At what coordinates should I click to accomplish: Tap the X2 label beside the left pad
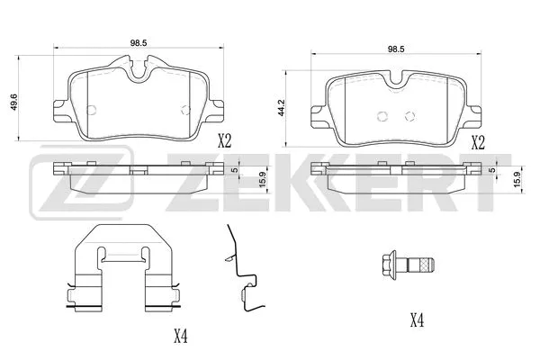tap(224, 139)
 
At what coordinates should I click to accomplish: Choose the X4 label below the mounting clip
tap(181, 337)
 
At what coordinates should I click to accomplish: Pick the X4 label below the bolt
tap(417, 319)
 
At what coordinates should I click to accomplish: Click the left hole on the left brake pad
tap(94, 110)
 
